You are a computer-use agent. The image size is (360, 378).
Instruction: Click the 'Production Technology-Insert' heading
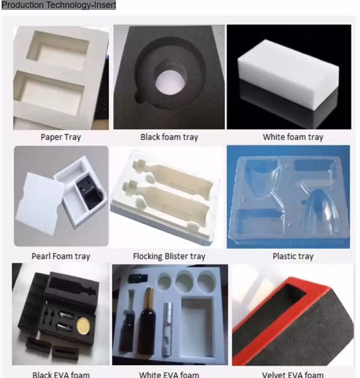point(58,5)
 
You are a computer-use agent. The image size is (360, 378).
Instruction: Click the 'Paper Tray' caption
point(61,137)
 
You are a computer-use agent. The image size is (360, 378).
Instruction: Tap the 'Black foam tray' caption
point(169,137)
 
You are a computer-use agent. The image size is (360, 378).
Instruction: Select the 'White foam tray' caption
point(293,137)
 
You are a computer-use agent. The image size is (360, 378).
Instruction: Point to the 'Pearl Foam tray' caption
point(61,256)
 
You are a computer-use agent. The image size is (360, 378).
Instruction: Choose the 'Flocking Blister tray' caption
point(169,256)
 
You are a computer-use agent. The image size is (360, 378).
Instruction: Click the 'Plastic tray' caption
point(293,256)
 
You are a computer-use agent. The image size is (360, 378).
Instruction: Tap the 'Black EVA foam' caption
point(61,375)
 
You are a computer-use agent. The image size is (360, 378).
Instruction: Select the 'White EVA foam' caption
point(169,375)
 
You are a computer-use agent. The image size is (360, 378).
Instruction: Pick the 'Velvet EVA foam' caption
point(293,375)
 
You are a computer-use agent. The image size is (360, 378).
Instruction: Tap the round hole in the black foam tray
point(169,80)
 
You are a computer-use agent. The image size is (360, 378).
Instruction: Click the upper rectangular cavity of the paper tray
point(58,51)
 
